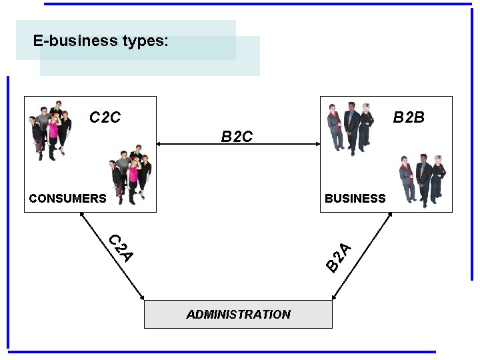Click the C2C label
tap(105, 118)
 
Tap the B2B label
tap(409, 118)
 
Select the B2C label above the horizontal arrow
tap(237, 137)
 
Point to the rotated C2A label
tap(121, 247)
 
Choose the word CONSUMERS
tap(67, 198)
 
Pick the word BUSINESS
tap(355, 198)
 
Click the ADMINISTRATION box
tap(238, 314)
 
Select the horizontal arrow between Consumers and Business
tap(238, 143)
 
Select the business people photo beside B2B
tap(351, 127)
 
